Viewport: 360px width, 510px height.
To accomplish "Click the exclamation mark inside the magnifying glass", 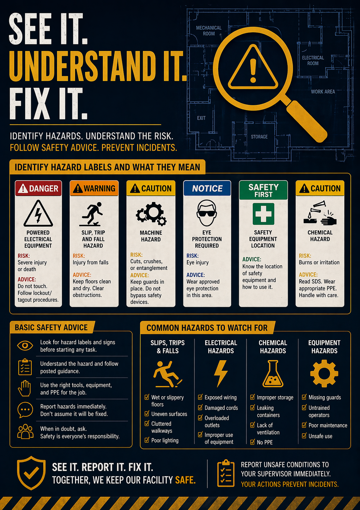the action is pyautogui.click(x=253, y=70).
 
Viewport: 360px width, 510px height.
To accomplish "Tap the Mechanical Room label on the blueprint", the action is pyautogui.click(x=209, y=31).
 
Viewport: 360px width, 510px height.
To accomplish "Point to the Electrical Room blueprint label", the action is pyautogui.click(x=313, y=61).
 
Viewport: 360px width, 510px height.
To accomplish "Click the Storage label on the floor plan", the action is pyautogui.click(x=259, y=137).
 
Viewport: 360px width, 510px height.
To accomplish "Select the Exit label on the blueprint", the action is pyautogui.click(x=201, y=118).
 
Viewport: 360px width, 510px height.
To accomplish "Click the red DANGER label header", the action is pyautogui.click(x=38, y=188).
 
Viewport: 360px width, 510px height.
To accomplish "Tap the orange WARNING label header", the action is pyautogui.click(x=94, y=188).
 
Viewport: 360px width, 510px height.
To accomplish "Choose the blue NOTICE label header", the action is pyautogui.click(x=207, y=188).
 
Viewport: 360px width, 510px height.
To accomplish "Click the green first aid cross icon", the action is pyautogui.click(x=263, y=214).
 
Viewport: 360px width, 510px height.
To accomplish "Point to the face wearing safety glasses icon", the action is pyautogui.click(x=207, y=213).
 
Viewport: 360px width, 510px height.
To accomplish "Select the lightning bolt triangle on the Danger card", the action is pyautogui.click(x=38, y=213).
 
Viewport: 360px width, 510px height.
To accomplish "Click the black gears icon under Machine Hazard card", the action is pyautogui.click(x=151, y=214).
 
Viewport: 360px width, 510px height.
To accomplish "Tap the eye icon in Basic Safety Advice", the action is pyautogui.click(x=25, y=346).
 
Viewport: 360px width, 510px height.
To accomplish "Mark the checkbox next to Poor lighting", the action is pyautogui.click(x=147, y=440).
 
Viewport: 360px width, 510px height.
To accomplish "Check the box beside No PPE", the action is pyautogui.click(x=252, y=442).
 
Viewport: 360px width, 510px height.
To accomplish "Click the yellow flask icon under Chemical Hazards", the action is pyautogui.click(x=273, y=374).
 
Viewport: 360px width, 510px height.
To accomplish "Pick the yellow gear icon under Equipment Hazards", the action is pyautogui.click(x=324, y=373).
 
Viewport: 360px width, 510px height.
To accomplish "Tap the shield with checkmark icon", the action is pyautogui.click(x=31, y=473).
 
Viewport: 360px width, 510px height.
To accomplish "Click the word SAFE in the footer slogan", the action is pyautogui.click(x=185, y=480).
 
